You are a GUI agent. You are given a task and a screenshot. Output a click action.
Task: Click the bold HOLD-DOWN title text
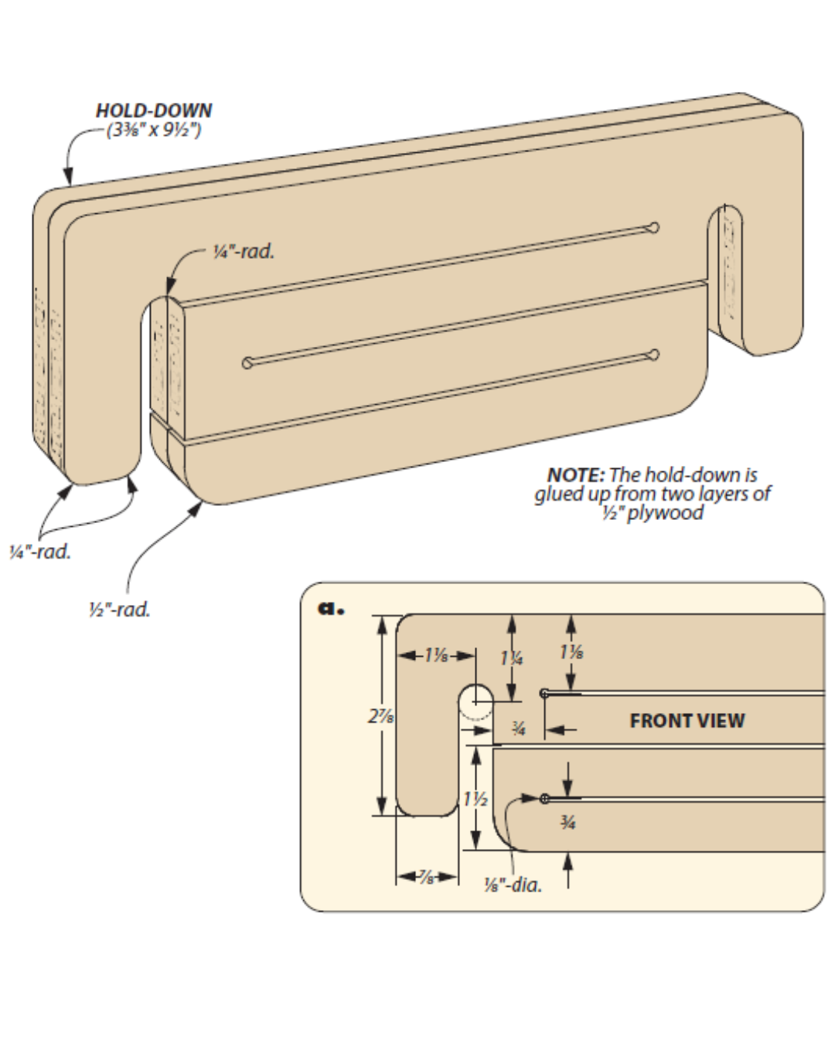click(x=153, y=110)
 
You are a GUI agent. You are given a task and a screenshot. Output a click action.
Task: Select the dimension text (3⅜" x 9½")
click(x=155, y=129)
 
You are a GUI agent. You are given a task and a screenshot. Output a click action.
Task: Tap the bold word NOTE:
click(x=575, y=474)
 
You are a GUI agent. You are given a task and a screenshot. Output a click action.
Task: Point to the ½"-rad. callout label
click(x=119, y=610)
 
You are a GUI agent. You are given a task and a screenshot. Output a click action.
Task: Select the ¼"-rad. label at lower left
click(x=39, y=552)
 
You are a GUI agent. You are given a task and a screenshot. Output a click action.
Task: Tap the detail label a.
click(x=331, y=608)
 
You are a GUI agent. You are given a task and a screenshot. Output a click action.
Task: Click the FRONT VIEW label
click(x=687, y=721)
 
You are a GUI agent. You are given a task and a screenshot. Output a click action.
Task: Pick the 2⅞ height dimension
click(x=380, y=716)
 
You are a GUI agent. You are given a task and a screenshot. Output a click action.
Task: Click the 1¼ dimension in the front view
click(x=511, y=658)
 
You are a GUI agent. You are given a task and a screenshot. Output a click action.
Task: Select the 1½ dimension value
click(x=476, y=799)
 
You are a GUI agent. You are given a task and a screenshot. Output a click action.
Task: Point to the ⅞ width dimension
click(x=427, y=877)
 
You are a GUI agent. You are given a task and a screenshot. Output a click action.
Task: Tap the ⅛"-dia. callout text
click(x=513, y=885)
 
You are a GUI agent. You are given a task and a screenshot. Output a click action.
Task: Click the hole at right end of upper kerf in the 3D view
click(x=654, y=227)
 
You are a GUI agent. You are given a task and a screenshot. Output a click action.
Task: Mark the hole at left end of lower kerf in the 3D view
click(x=247, y=363)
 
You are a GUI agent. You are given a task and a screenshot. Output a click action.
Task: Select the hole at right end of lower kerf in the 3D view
click(x=654, y=355)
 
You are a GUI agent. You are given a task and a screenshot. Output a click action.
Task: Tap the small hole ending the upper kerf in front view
click(x=544, y=693)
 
